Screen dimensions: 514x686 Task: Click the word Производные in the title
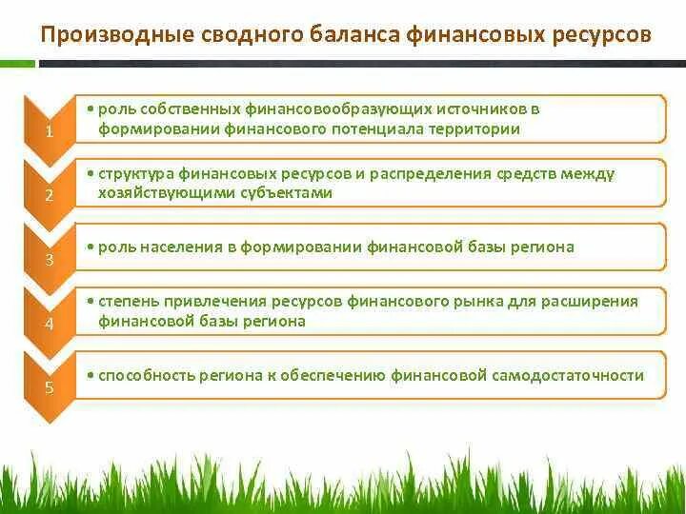[x=115, y=36]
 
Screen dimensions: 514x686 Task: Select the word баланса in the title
[x=352, y=36]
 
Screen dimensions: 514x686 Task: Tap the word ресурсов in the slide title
[x=601, y=36]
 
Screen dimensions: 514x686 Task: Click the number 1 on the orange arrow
[x=49, y=132]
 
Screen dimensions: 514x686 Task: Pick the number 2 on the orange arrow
[x=49, y=196]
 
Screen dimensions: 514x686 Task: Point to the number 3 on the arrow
[x=49, y=260]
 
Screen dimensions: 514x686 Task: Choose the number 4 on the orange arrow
[x=49, y=325]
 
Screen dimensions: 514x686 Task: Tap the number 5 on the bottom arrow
[x=49, y=388]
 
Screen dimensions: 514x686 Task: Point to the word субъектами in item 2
[x=284, y=192]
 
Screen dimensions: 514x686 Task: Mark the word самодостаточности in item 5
[x=569, y=375]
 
